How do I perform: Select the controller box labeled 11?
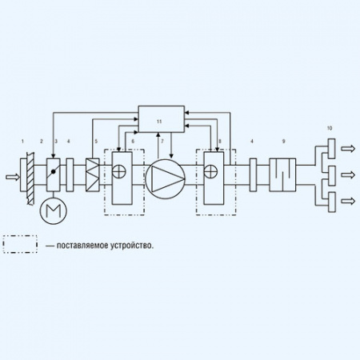click(162, 119)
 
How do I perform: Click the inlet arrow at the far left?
click(13, 177)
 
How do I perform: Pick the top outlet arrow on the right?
click(348, 149)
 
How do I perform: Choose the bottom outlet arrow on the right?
click(348, 201)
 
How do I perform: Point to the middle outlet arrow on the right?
click(348, 175)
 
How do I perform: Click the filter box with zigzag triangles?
click(93, 175)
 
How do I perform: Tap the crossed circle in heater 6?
click(119, 171)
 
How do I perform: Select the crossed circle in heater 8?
click(210, 171)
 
